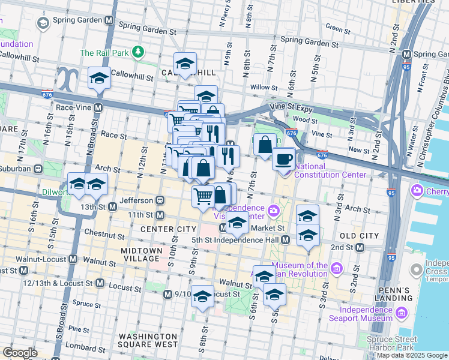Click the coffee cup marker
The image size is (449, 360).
(284, 159)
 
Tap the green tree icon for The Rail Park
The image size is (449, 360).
(139, 52)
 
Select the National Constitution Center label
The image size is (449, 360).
(330, 170)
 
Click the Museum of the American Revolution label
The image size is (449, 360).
(300, 271)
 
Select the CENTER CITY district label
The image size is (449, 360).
(168, 229)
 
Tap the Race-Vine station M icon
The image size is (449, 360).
(97, 107)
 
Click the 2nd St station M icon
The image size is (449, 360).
(358, 247)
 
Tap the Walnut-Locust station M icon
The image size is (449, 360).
(73, 259)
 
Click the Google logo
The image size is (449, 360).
(20, 353)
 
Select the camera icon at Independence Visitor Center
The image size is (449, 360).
(274, 210)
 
